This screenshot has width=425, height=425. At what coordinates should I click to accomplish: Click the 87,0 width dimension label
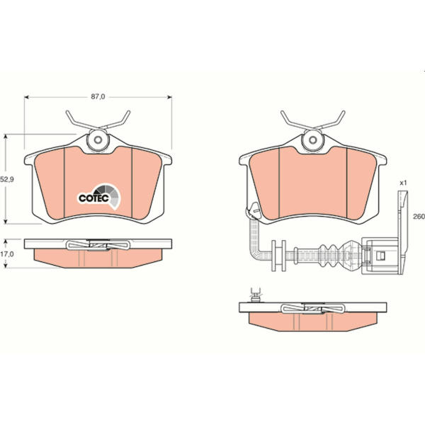pyautogui.click(x=98, y=97)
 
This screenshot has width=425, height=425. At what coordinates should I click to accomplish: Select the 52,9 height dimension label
pyautogui.click(x=7, y=179)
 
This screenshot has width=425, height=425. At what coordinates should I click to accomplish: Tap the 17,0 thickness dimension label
pyautogui.click(x=7, y=254)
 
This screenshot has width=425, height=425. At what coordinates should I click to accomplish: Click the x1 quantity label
pyautogui.click(x=403, y=183)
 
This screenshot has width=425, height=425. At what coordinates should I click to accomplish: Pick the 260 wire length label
pyautogui.click(x=419, y=217)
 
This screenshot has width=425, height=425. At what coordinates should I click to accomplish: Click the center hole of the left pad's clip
pyautogui.click(x=98, y=140)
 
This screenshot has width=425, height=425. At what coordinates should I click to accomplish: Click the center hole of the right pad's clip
pyautogui.click(x=312, y=140)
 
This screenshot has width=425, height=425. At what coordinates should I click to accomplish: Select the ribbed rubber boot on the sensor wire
pyautogui.click(x=329, y=255)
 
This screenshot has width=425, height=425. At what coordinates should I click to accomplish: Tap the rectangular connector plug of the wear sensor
pyautogui.click(x=380, y=255)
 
